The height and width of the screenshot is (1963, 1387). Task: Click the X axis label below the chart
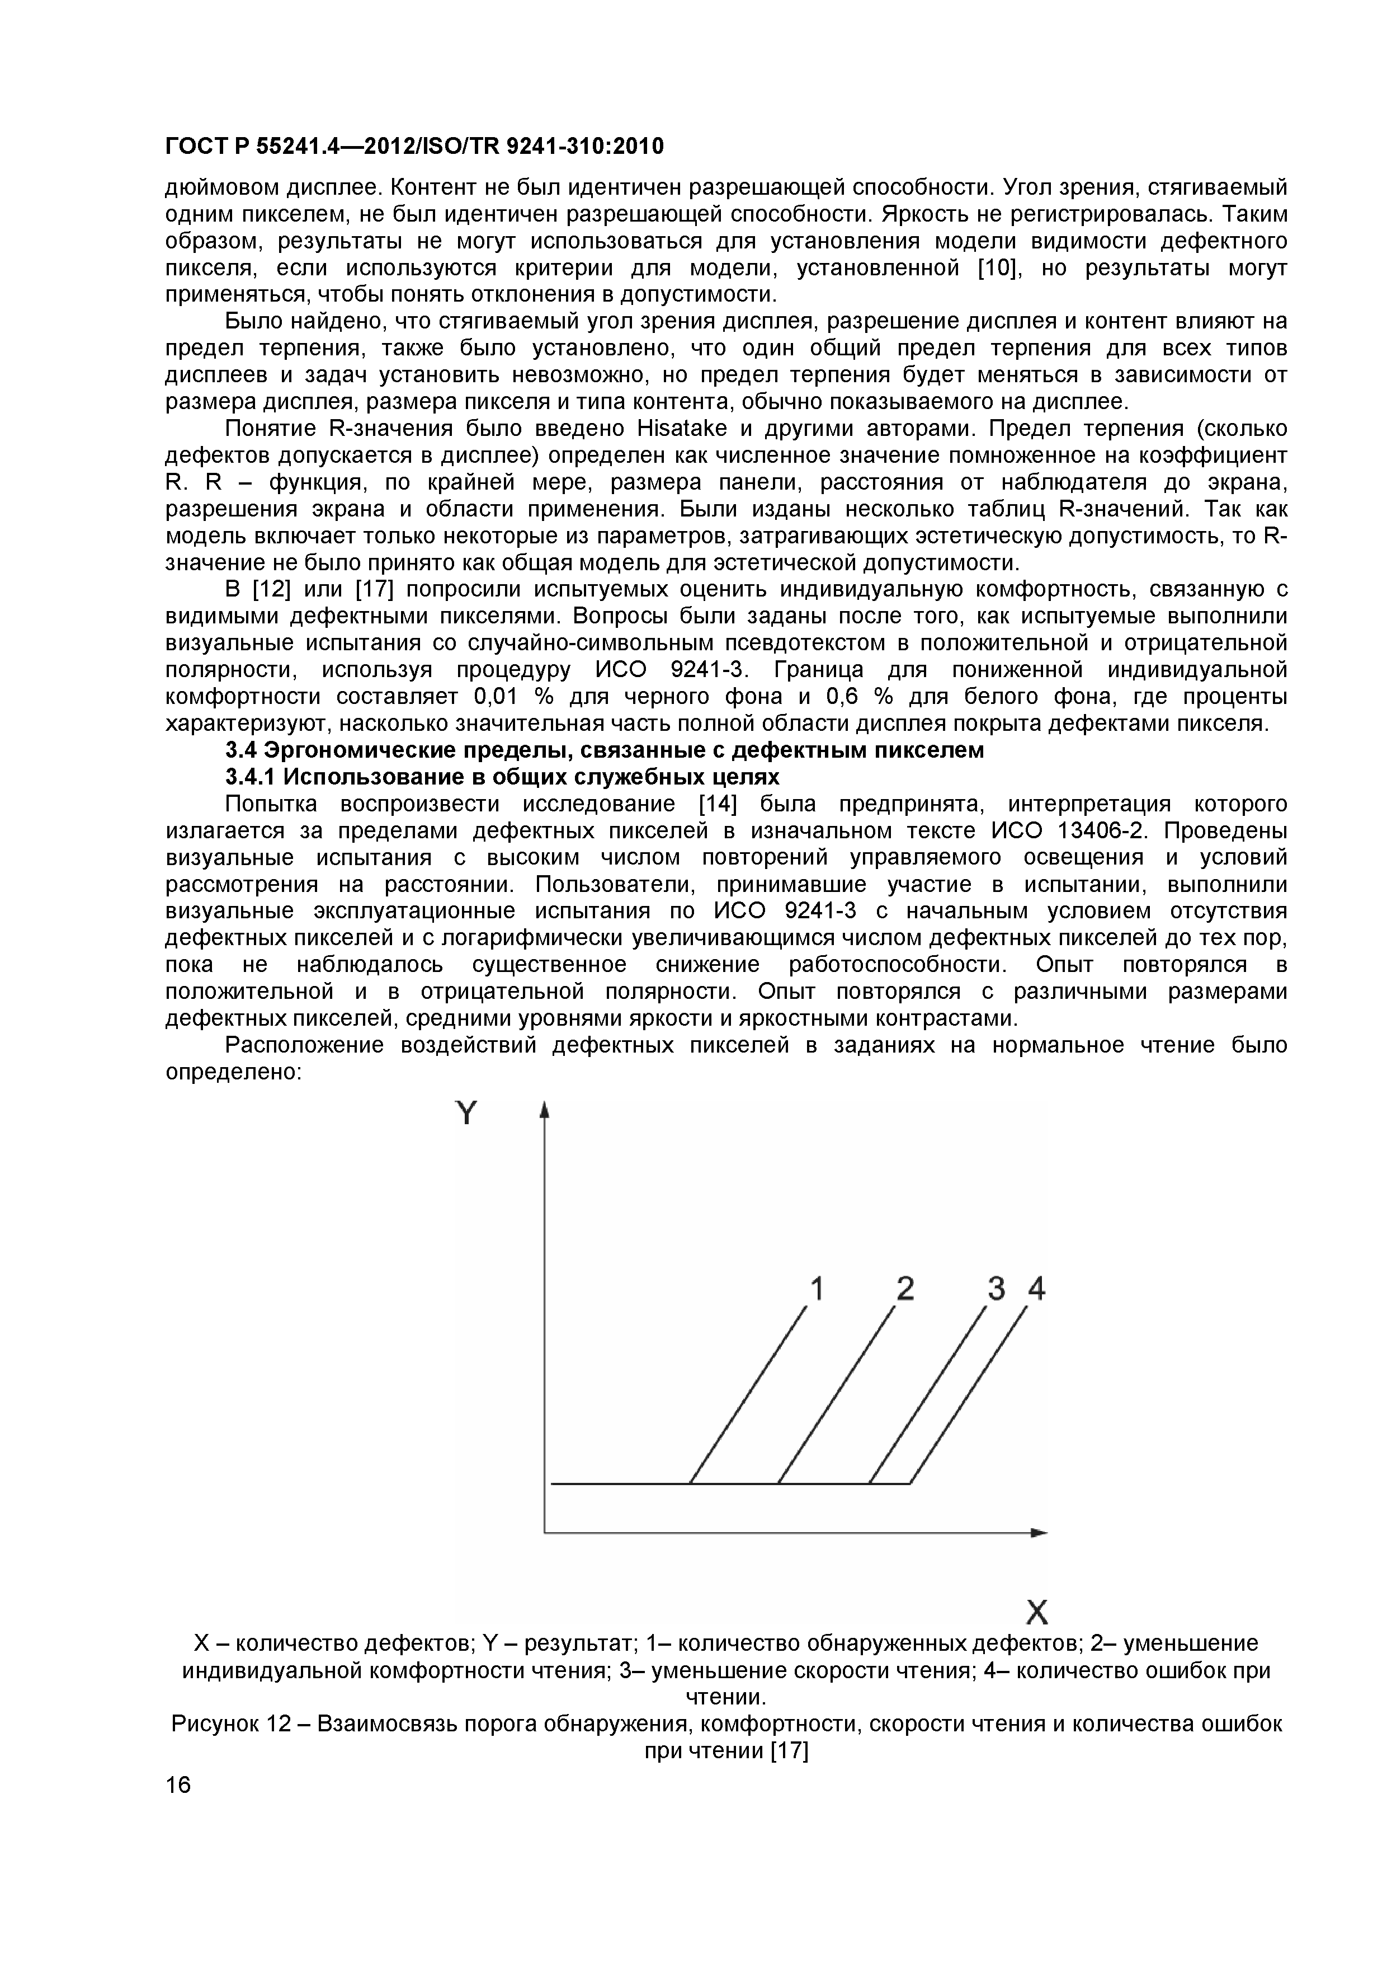tap(1037, 1613)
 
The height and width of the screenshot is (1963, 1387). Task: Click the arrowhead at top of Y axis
tap(544, 1110)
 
